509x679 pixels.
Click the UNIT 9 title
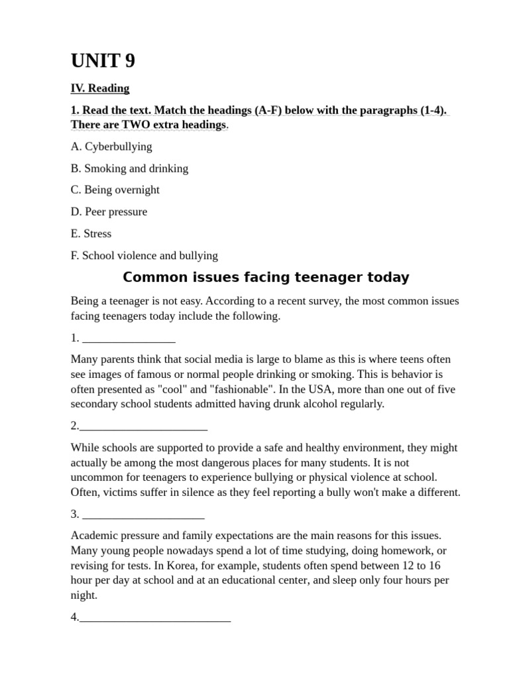pyautogui.click(x=103, y=61)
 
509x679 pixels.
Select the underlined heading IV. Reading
pyautogui.click(x=100, y=88)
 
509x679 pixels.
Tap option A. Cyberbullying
pyautogui.click(x=111, y=147)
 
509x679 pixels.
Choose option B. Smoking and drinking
pyautogui.click(x=129, y=168)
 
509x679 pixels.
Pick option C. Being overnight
pyautogui.click(x=115, y=190)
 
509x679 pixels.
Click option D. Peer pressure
pyautogui.click(x=109, y=212)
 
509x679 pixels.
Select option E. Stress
pyautogui.click(x=91, y=233)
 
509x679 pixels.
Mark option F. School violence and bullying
pyautogui.click(x=144, y=255)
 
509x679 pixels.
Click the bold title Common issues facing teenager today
pyautogui.click(x=266, y=277)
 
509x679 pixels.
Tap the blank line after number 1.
pyautogui.click(x=129, y=338)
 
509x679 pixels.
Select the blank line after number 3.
pyautogui.click(x=144, y=514)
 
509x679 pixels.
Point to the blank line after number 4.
pyautogui.click(x=154, y=617)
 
